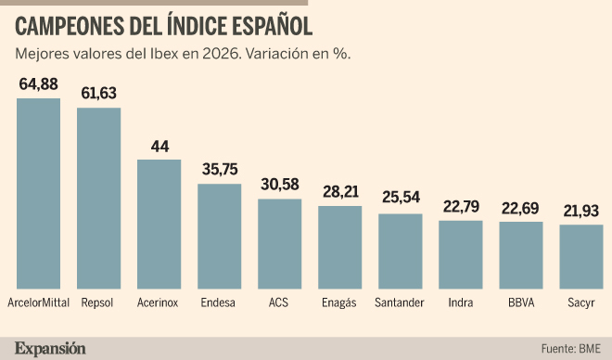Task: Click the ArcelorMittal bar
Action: point(38,194)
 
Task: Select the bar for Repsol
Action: point(98,199)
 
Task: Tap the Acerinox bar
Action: point(159,225)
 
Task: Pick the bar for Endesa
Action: point(220,237)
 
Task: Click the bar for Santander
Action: point(401,251)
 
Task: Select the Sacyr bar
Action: point(581,257)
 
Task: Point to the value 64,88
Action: point(38,84)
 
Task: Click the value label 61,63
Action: point(98,93)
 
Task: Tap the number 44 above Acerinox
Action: point(159,147)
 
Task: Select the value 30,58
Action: point(280,185)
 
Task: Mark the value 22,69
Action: point(520,209)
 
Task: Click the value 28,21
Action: point(340,192)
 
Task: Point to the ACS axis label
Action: point(278,302)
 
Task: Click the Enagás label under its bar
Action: point(338,303)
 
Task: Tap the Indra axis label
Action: point(461,302)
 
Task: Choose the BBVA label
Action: point(521,302)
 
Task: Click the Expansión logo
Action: point(50,348)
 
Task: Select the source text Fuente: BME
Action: point(570,348)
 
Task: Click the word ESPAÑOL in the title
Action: point(272,27)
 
